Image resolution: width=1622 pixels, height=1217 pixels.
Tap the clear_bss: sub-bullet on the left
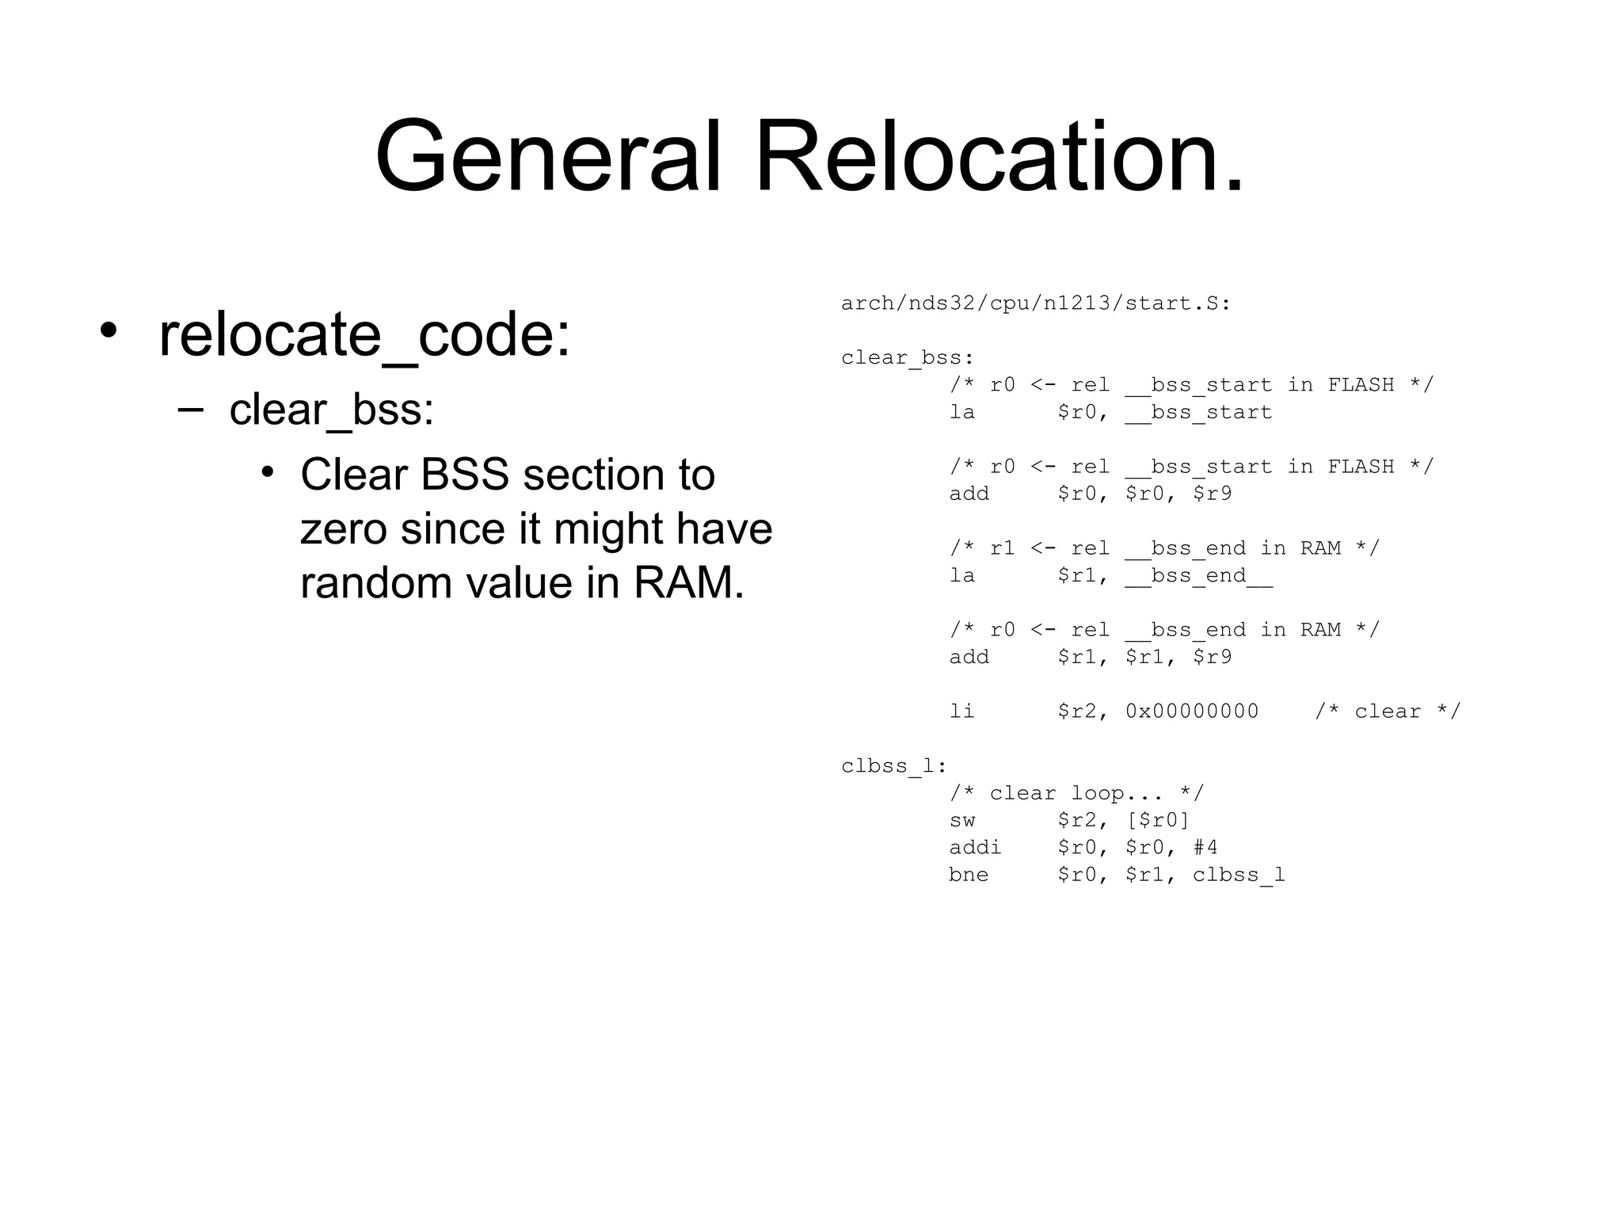coord(331,410)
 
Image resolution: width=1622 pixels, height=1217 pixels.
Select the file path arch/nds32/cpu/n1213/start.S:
coord(1036,303)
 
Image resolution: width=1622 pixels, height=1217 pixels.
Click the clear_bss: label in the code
coord(908,358)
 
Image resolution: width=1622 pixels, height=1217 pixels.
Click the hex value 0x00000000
coord(1192,712)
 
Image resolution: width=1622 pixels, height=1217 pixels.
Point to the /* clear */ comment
coord(1388,712)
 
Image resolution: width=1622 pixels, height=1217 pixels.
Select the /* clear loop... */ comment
coord(1076,793)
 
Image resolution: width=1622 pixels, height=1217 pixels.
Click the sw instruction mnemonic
coord(962,821)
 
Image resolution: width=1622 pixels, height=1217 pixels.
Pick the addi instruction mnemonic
coord(975,848)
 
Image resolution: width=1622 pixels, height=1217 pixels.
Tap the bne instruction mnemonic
coord(969,875)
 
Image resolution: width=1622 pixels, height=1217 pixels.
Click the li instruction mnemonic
coord(962,712)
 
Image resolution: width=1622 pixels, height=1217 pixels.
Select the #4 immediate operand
coord(1205,848)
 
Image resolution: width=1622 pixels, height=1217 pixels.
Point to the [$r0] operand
coord(1158,821)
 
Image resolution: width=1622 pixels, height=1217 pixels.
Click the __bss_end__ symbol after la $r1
coord(1199,576)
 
